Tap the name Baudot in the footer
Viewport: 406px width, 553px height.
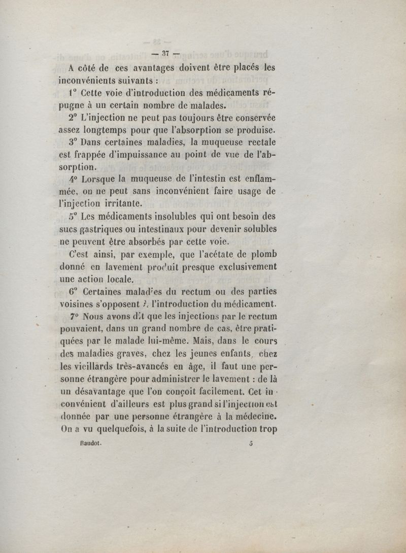[x=91, y=442]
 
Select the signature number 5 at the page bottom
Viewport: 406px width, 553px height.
[x=251, y=442]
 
